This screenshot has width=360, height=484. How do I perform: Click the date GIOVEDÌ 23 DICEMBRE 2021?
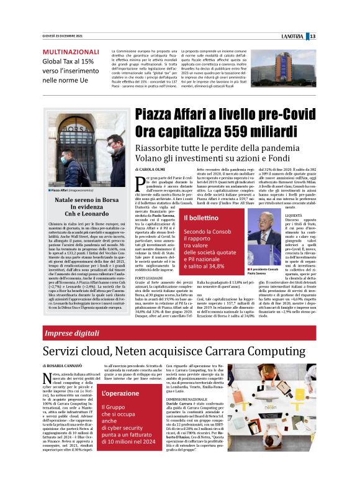pyautogui.click(x=62, y=36)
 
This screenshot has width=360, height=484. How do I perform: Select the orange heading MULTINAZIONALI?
pyautogui.click(x=70, y=52)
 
